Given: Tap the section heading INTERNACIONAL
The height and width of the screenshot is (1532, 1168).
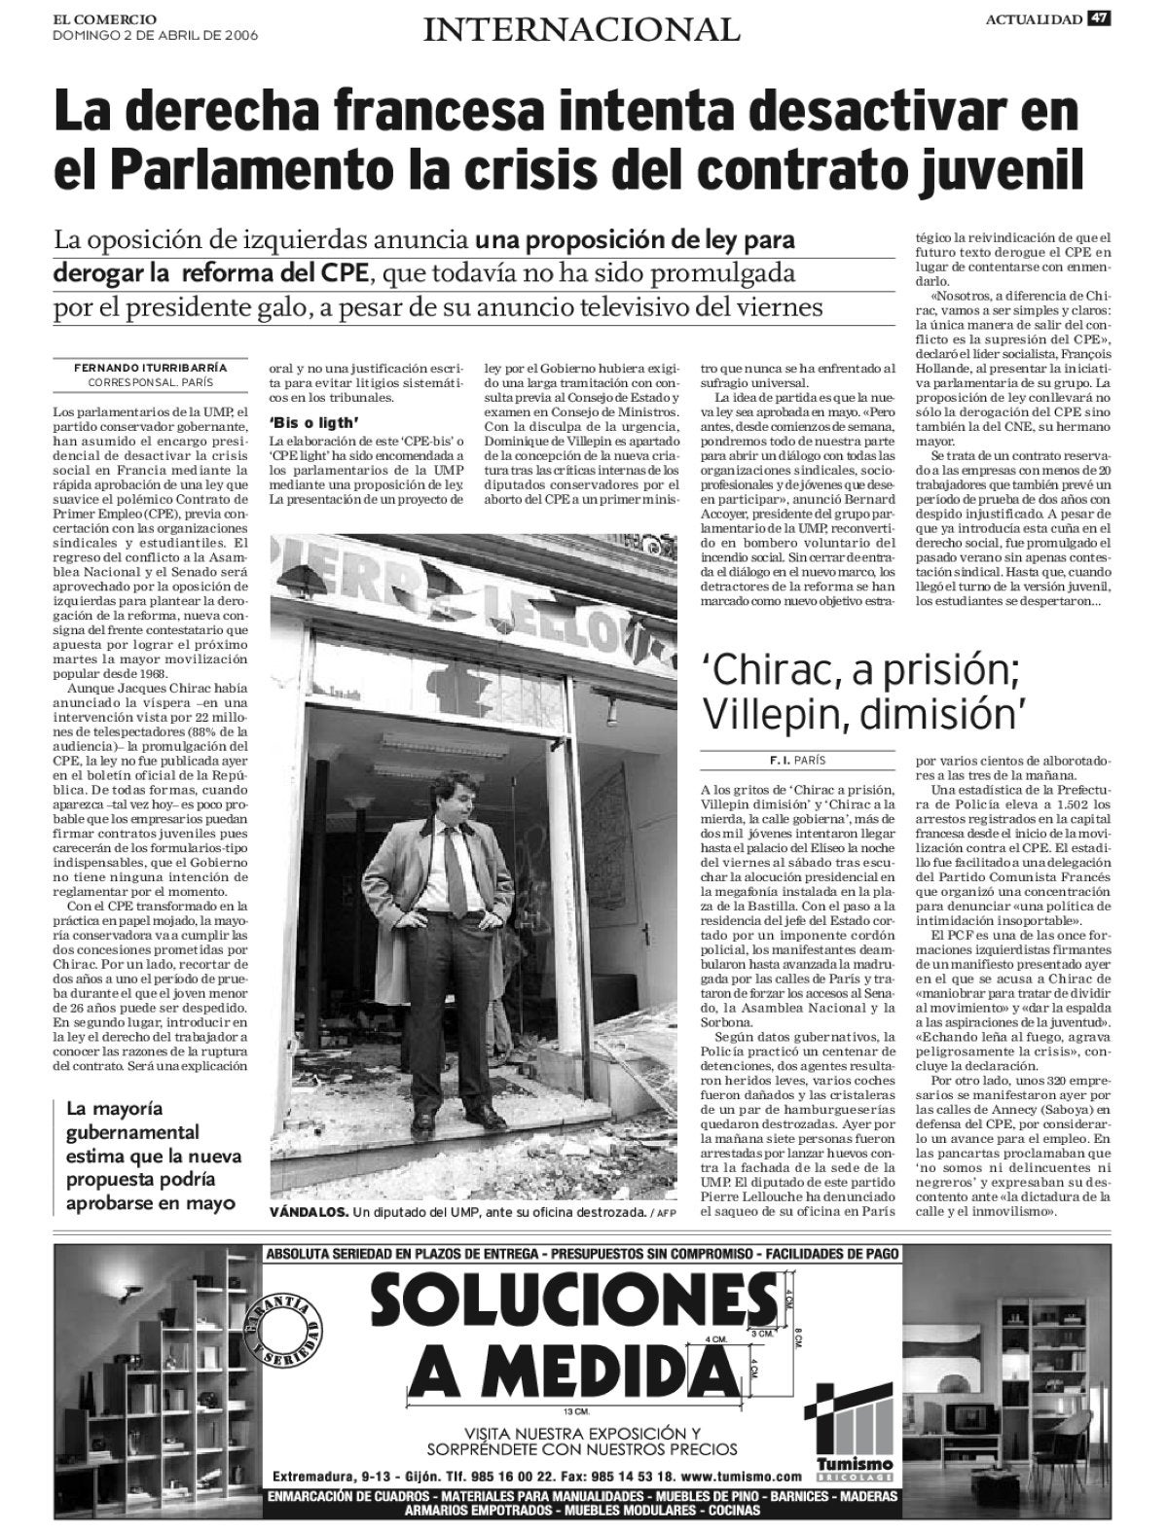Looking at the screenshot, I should pos(581,30).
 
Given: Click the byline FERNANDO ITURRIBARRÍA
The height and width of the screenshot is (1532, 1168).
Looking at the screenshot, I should pos(150,368).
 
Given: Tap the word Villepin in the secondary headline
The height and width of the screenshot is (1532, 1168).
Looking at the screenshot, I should pos(767,715).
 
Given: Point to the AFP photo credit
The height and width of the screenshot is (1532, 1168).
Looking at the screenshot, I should pos(666,1213).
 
